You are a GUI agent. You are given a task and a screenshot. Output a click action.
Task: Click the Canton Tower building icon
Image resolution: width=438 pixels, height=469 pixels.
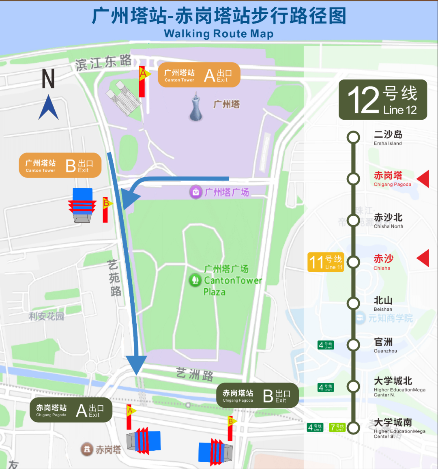tap(196, 108)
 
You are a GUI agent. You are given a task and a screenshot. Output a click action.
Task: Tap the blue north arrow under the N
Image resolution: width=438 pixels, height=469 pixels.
tap(48, 108)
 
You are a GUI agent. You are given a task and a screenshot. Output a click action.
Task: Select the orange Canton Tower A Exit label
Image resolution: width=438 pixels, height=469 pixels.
tap(199, 75)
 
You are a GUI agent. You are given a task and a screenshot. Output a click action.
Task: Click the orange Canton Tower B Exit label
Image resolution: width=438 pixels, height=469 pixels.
tap(60, 165)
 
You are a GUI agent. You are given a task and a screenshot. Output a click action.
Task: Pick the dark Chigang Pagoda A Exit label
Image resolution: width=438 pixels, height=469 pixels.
tap(71, 410)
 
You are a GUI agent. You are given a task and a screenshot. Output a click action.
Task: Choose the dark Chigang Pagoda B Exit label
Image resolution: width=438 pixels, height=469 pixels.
tap(258, 395)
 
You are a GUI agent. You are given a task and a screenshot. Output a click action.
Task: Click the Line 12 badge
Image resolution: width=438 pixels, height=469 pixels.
tap(382, 100)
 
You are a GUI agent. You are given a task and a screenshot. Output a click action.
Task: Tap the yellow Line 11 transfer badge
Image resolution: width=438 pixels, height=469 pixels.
tap(326, 262)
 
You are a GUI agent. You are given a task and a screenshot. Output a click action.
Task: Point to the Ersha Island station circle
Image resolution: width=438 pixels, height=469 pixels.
tap(353, 137)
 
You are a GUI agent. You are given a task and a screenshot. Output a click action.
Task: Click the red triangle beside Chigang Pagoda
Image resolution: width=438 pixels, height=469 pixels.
tap(424, 179)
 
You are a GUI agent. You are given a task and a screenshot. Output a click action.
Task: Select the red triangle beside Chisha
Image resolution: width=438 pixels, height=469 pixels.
tap(424, 258)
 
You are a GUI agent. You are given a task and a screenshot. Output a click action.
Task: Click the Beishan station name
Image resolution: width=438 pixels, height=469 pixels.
tap(383, 301)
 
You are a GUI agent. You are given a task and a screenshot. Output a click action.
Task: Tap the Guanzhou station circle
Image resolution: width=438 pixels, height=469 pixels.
tap(353, 345)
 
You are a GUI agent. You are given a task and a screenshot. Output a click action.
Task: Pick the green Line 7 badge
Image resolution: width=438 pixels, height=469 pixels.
tap(337, 427)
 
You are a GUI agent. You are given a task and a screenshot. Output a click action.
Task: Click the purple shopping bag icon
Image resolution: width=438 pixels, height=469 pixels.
tap(196, 192)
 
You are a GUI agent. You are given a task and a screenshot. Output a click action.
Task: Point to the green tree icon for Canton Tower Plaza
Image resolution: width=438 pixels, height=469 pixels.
tap(195, 280)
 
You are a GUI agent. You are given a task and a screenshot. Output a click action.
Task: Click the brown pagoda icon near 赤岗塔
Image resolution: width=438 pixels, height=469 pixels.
tap(87, 449)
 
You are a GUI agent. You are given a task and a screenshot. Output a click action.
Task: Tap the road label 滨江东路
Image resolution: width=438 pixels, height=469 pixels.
tap(103, 63)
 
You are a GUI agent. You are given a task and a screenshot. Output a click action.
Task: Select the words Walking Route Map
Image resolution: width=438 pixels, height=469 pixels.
tap(219, 34)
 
